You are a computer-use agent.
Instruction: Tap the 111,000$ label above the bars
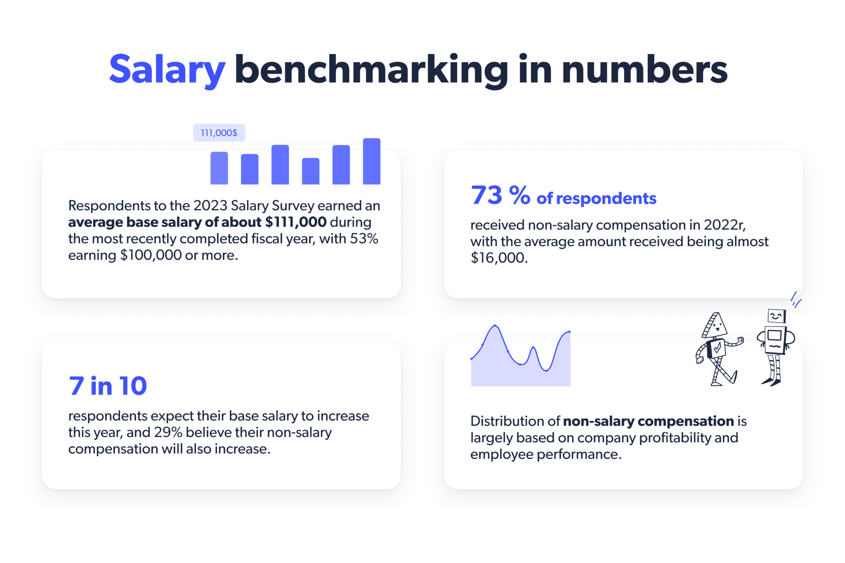(219, 133)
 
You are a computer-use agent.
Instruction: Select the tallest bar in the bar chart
(371, 161)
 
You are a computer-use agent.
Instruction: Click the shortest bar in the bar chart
(310, 171)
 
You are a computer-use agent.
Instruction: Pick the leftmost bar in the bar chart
(219, 168)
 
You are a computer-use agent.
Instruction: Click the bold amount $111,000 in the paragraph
(295, 222)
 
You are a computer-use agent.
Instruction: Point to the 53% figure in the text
(364, 239)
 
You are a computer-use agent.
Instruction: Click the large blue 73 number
(486, 195)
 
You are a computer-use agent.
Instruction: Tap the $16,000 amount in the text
(498, 258)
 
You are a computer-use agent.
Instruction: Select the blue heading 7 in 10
(108, 386)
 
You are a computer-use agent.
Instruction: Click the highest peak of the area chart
(495, 326)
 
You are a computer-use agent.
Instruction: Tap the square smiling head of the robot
(776, 316)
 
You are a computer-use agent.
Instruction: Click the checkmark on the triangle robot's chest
(718, 348)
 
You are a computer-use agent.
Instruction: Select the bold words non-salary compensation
(648, 421)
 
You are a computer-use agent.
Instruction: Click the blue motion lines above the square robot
(795, 300)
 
